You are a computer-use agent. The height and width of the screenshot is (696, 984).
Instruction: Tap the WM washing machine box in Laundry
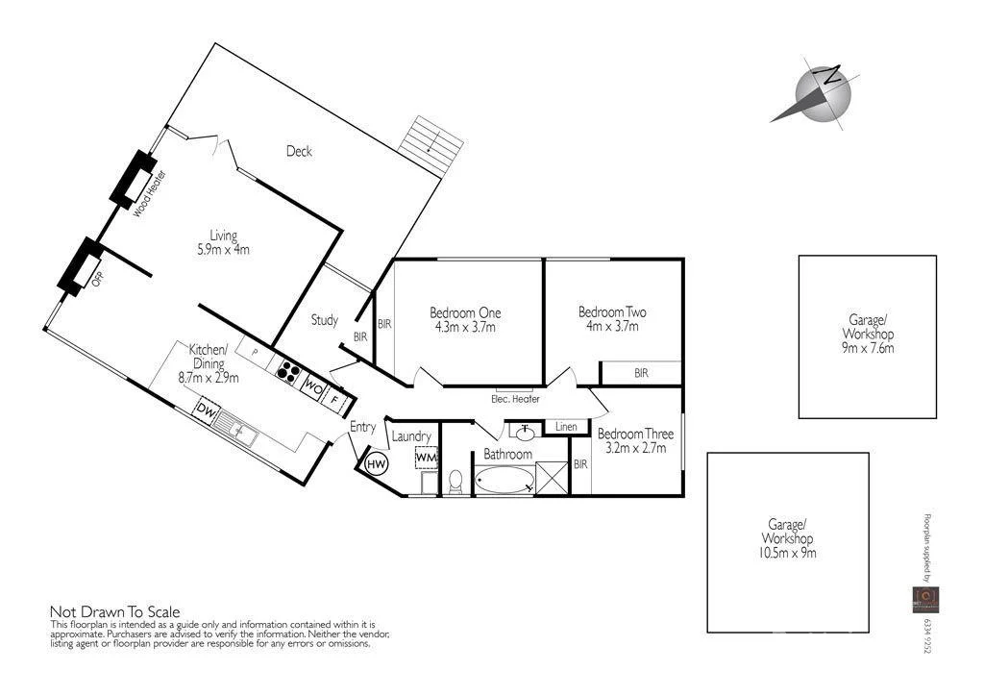tap(426, 458)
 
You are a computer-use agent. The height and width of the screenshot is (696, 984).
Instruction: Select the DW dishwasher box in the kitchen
tap(205, 410)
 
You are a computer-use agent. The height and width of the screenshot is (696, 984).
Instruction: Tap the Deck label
tap(299, 151)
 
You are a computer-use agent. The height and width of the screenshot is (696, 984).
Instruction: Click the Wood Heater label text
tap(142, 193)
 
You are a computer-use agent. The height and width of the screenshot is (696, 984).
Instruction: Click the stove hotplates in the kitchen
tap(287, 370)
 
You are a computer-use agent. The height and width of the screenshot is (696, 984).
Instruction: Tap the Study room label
tap(325, 320)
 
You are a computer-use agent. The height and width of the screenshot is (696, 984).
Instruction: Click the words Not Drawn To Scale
tap(114, 611)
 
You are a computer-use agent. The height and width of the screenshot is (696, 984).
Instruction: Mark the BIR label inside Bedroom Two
tap(641, 373)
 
